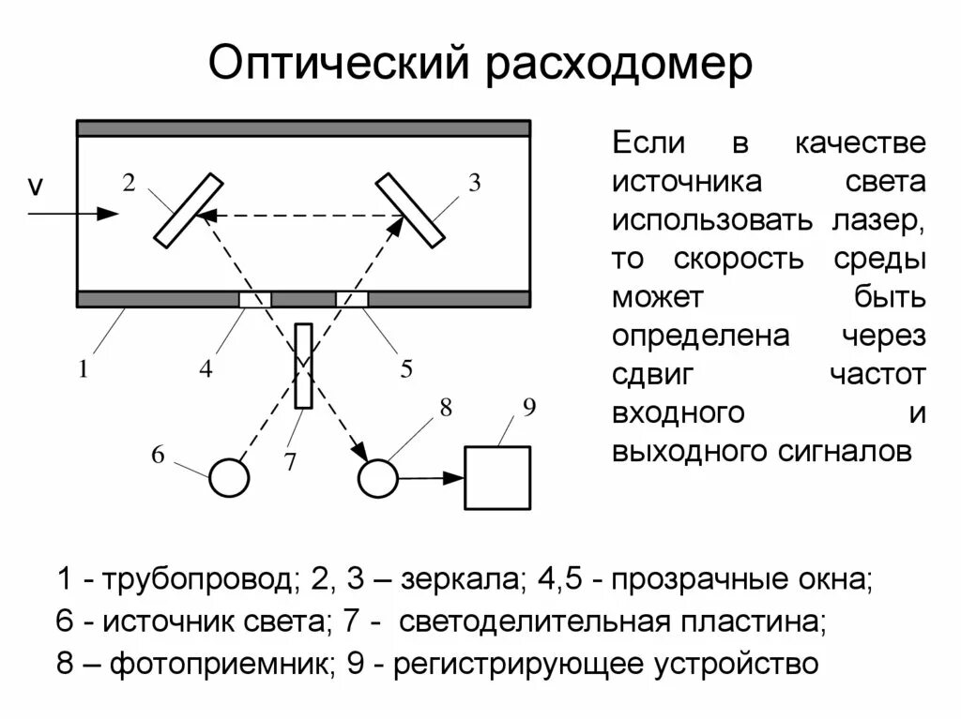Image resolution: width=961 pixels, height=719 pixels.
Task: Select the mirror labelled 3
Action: (410, 211)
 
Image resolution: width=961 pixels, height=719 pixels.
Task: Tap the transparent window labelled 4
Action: (255, 299)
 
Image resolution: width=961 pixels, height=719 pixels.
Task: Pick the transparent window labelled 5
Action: (352, 299)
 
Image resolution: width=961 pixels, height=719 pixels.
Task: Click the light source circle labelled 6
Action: (228, 477)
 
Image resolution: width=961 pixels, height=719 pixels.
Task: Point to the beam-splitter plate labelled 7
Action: (303, 366)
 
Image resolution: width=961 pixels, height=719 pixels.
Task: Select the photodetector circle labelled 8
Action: (378, 477)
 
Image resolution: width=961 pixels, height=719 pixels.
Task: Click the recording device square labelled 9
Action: (496, 477)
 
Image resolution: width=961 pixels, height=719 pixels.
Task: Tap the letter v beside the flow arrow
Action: (36, 187)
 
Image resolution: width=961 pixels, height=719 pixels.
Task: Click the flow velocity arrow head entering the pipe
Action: (111, 214)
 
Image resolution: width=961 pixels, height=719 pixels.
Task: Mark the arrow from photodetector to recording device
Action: (431, 478)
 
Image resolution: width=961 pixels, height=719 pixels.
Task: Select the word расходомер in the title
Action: (618, 65)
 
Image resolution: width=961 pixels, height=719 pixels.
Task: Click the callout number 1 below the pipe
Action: (83, 368)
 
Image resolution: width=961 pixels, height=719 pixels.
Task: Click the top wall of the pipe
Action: (303, 128)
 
